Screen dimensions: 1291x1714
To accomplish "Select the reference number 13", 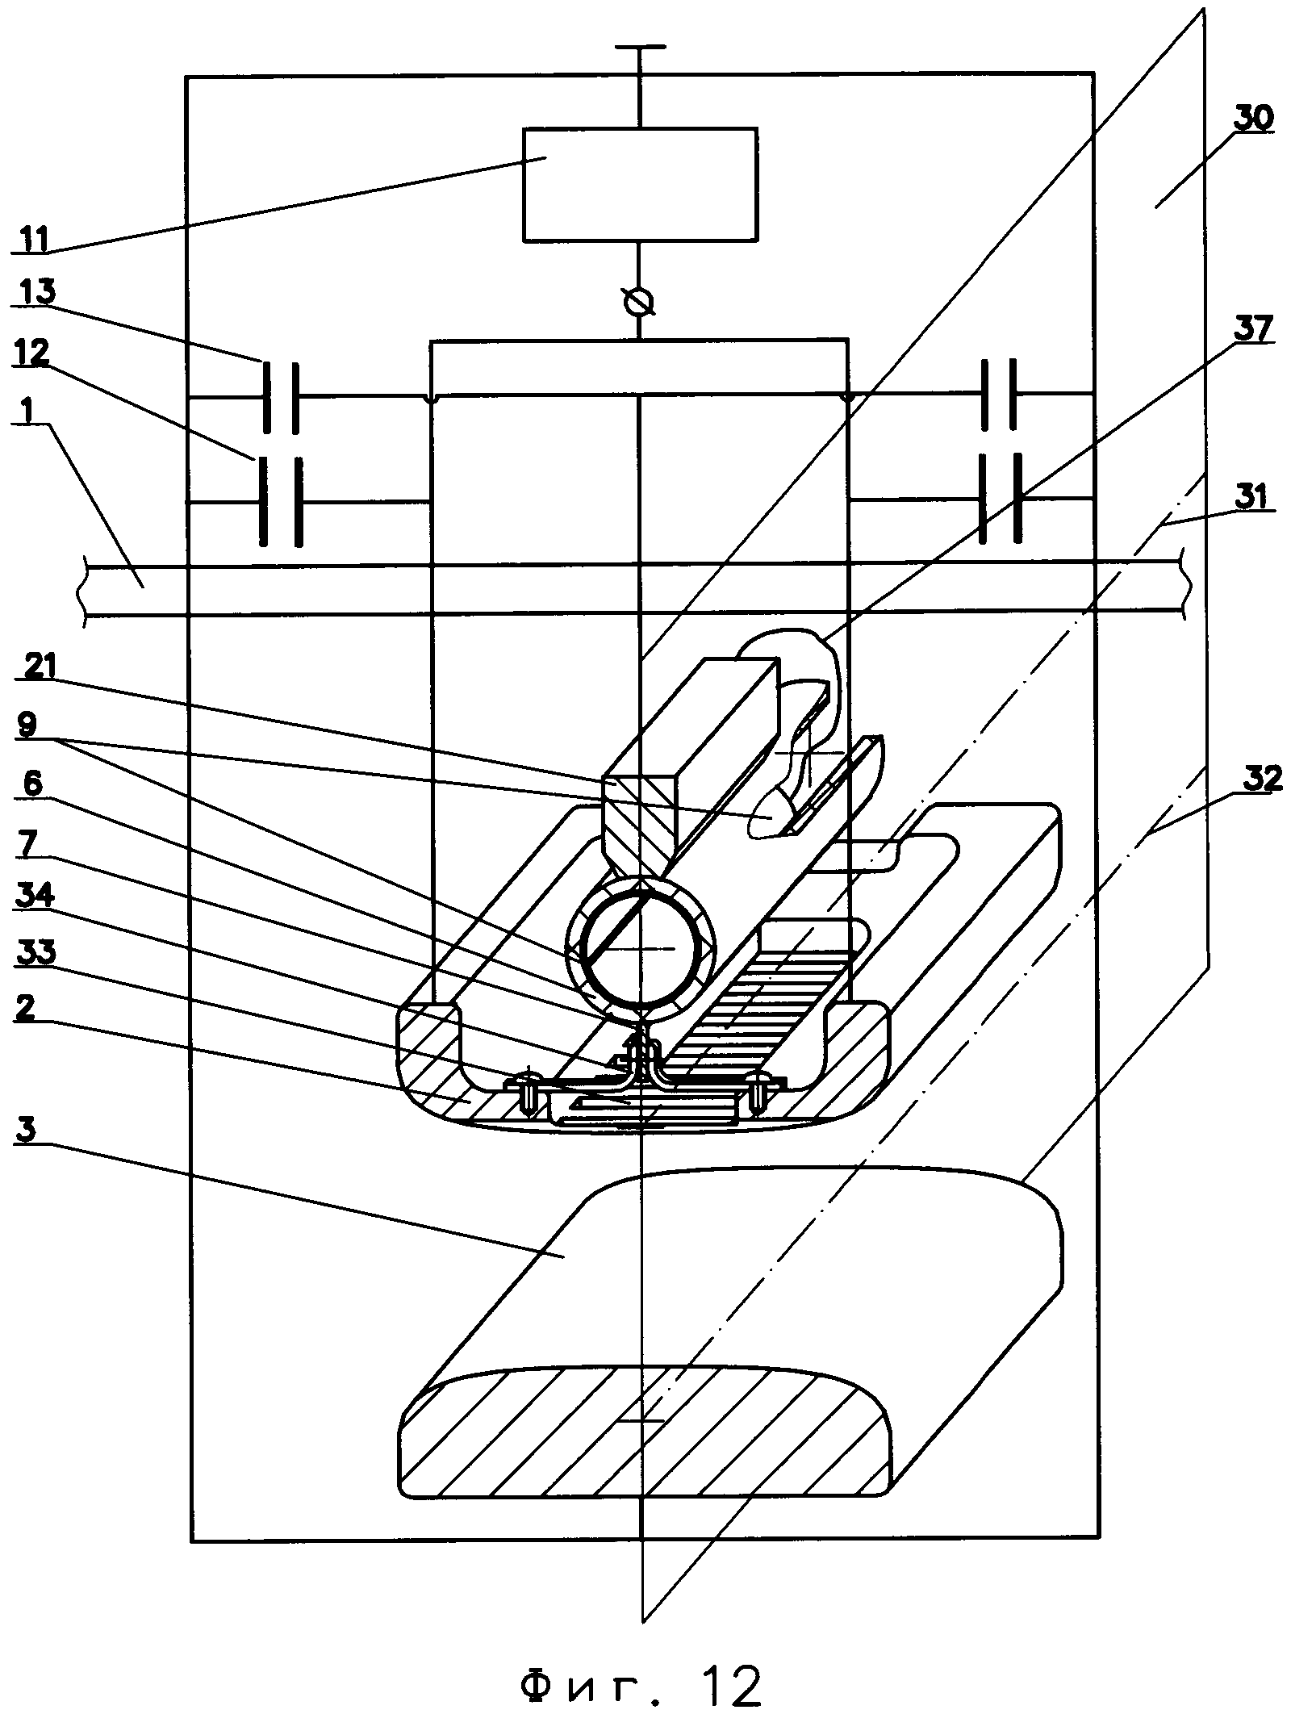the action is pyautogui.click(x=33, y=291).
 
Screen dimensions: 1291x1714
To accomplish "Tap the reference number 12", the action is pyautogui.click(x=32, y=351).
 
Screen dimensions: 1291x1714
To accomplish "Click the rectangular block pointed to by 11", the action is pyautogui.click(x=640, y=184).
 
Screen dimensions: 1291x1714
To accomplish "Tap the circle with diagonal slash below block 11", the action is pyautogui.click(x=639, y=303).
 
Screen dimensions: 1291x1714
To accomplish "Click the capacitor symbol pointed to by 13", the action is pyautogui.click(x=280, y=396).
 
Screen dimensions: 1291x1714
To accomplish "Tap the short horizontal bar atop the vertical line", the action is pyautogui.click(x=639, y=48).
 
